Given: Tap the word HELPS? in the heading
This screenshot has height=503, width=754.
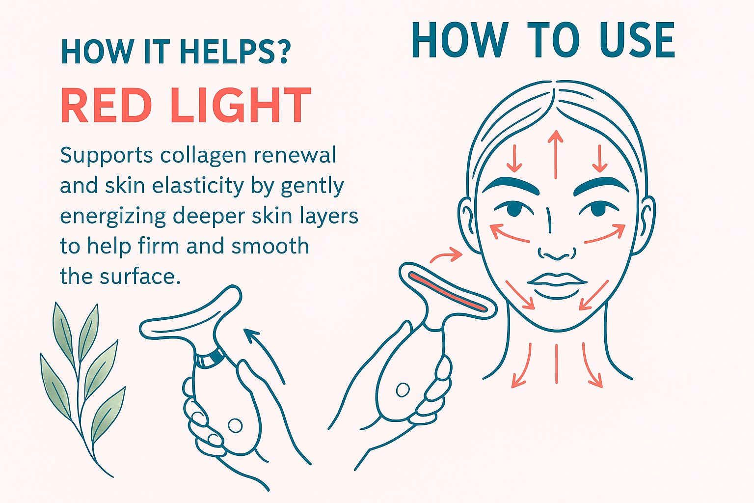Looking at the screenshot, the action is (235, 52).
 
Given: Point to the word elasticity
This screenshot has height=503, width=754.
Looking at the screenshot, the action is (198, 186).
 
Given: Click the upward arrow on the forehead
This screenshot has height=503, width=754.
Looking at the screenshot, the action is (555, 154).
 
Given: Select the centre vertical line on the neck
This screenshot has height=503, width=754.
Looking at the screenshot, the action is (556, 363).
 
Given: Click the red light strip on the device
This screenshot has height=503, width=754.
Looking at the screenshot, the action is (448, 292).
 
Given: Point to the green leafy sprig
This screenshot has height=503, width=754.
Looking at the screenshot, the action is (83, 388).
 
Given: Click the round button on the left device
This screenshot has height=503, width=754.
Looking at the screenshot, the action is (235, 425).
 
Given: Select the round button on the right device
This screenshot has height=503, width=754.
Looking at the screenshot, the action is (403, 390).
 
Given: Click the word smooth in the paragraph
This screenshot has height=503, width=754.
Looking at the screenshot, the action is (270, 246).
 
